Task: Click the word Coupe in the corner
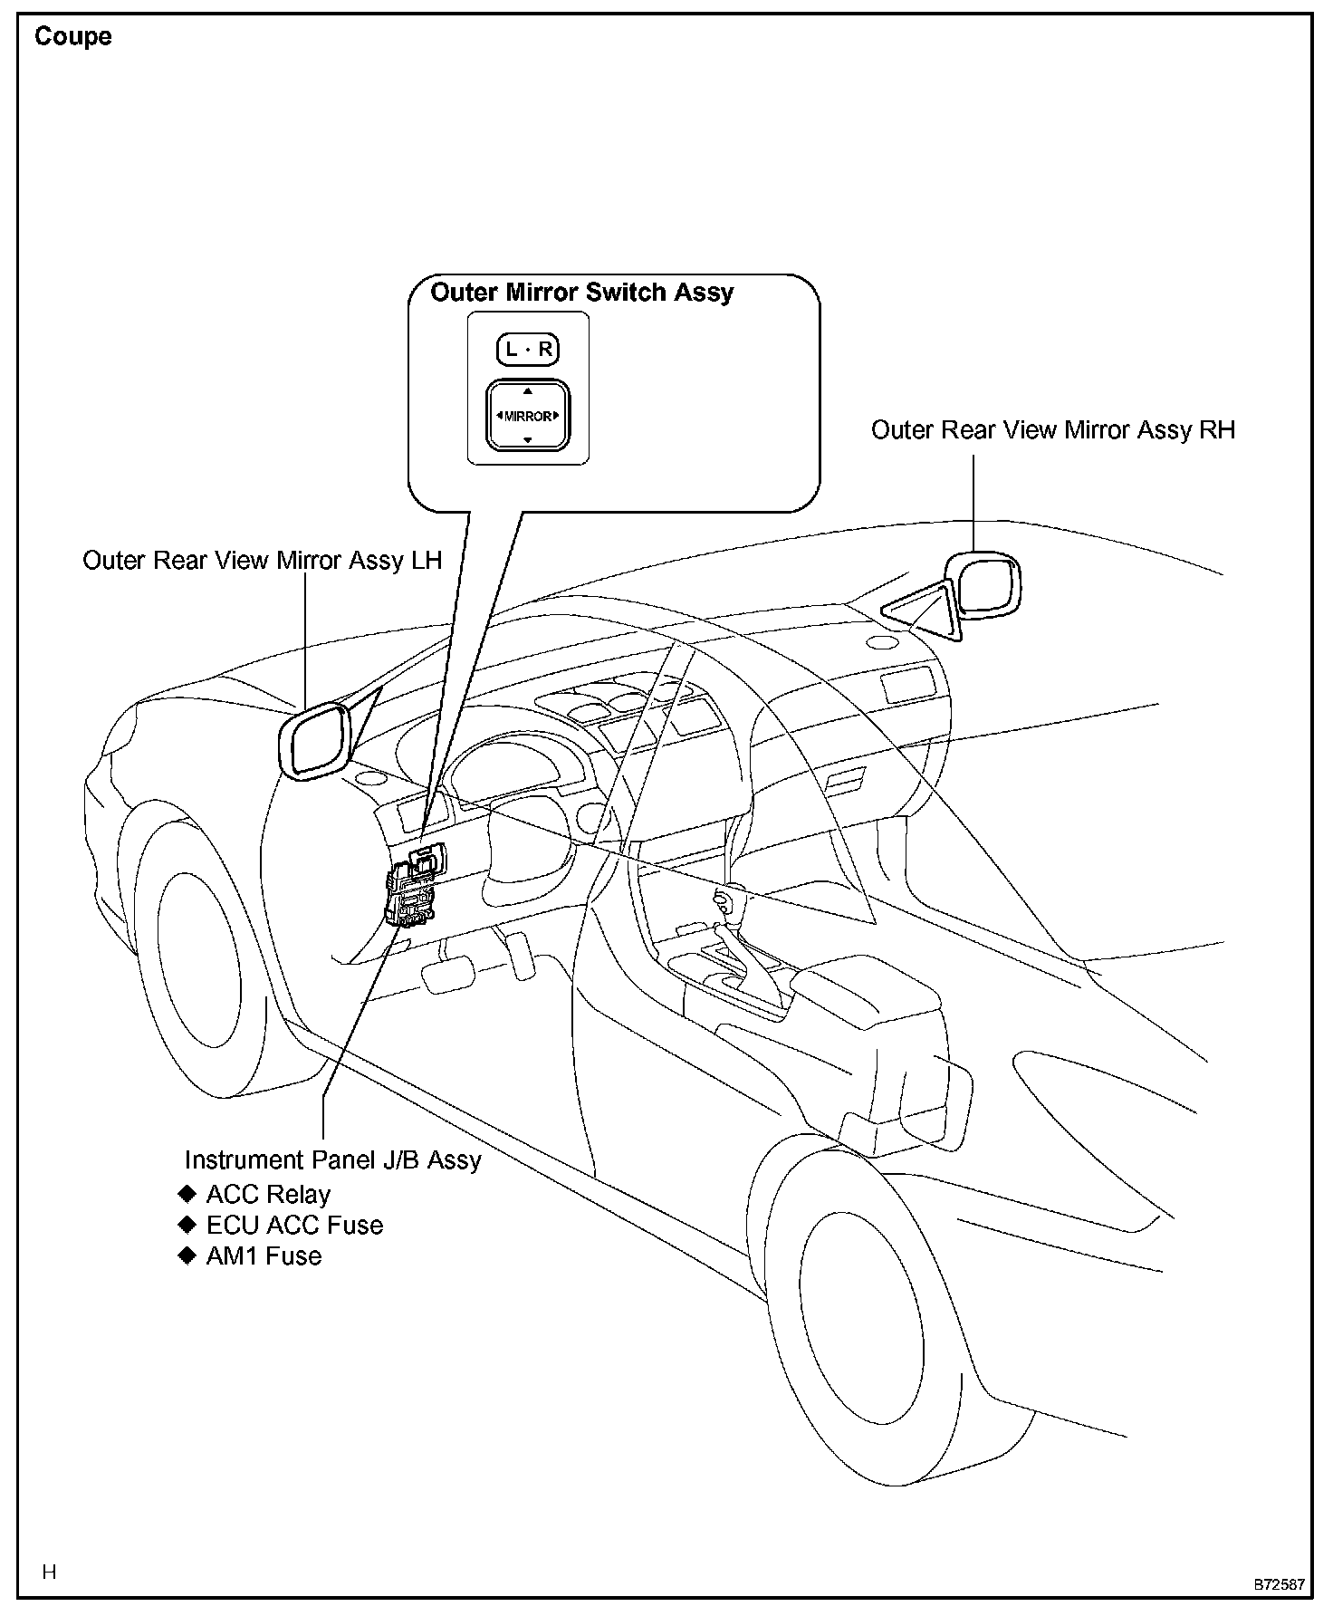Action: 72,37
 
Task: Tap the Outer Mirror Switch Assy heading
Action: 581,293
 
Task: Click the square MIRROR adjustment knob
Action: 528,416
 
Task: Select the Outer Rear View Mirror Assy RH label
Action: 1052,429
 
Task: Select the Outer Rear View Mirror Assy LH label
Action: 262,560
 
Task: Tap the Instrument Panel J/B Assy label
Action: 332,1160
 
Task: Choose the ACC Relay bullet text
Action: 268,1194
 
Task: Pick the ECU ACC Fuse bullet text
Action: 294,1225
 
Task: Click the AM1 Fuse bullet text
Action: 264,1255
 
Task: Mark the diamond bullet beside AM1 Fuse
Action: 187,1255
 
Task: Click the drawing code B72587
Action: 1279,1584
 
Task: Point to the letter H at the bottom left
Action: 49,1571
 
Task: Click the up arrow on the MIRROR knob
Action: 528,391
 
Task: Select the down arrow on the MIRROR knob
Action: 528,440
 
